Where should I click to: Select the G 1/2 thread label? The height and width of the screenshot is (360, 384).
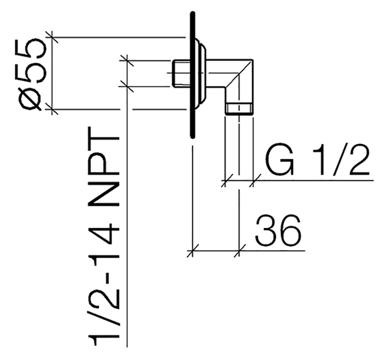tap(317, 160)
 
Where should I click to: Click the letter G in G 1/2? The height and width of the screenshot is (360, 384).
tap(279, 160)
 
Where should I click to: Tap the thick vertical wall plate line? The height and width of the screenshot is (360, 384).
tap(193, 75)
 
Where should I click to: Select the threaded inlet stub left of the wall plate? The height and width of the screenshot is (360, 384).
tap(182, 73)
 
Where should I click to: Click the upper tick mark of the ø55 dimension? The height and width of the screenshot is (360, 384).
tap(52, 37)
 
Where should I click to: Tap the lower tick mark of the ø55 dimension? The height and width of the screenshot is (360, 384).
tap(52, 109)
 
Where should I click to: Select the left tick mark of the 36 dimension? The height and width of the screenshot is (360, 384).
tap(193, 251)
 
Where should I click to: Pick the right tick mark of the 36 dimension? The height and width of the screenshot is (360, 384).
tap(239, 251)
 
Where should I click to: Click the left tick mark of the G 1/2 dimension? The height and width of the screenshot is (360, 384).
tap(225, 181)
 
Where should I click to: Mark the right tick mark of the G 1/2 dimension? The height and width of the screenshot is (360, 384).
tap(253, 181)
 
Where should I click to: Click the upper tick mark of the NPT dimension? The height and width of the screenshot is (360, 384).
tap(127, 60)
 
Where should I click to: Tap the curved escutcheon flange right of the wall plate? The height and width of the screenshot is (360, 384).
tap(201, 73)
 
